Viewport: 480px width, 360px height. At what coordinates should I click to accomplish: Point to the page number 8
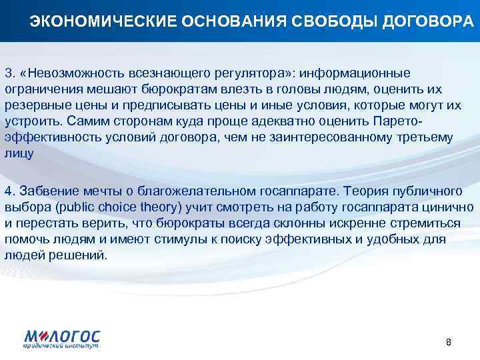coord(449,342)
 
